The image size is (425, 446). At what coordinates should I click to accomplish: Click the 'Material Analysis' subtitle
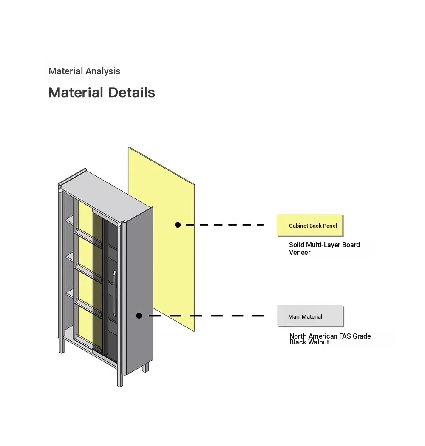84,71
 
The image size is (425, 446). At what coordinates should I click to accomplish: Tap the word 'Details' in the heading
131,93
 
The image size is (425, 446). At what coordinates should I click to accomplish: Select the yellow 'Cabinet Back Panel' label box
310,225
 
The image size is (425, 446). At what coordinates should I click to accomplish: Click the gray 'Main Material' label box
310,316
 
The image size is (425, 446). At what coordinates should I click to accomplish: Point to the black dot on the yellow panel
178,225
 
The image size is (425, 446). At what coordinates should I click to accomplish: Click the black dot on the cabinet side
139,316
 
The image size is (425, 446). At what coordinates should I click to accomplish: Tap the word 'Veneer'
300,253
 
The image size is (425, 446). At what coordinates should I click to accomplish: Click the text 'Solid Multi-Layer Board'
324,245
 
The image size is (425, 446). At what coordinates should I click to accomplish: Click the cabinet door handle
114,294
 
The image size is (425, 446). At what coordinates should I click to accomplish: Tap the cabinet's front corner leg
120,375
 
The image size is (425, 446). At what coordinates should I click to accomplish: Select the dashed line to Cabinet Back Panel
225,225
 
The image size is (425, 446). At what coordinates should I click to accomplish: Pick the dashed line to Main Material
207,316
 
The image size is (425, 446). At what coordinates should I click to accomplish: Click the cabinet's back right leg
145,367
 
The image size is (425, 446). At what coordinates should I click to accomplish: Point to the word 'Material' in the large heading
76,93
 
